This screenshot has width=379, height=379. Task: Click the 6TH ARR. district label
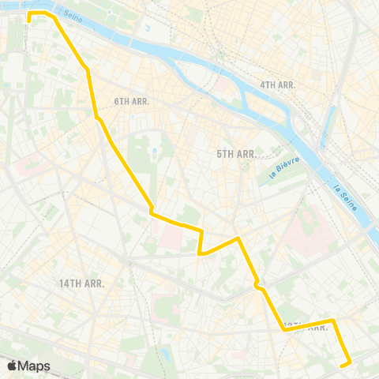132,101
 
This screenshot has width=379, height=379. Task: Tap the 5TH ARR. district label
236,154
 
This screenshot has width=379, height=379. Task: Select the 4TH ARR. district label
277,84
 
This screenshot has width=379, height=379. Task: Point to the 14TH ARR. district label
82,283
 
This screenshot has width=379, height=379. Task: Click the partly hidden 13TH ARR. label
304,325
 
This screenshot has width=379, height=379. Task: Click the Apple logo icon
12,366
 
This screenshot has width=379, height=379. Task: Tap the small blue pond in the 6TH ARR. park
156,150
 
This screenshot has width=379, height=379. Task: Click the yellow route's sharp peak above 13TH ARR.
237,238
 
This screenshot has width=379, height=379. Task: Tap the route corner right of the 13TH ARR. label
333,321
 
